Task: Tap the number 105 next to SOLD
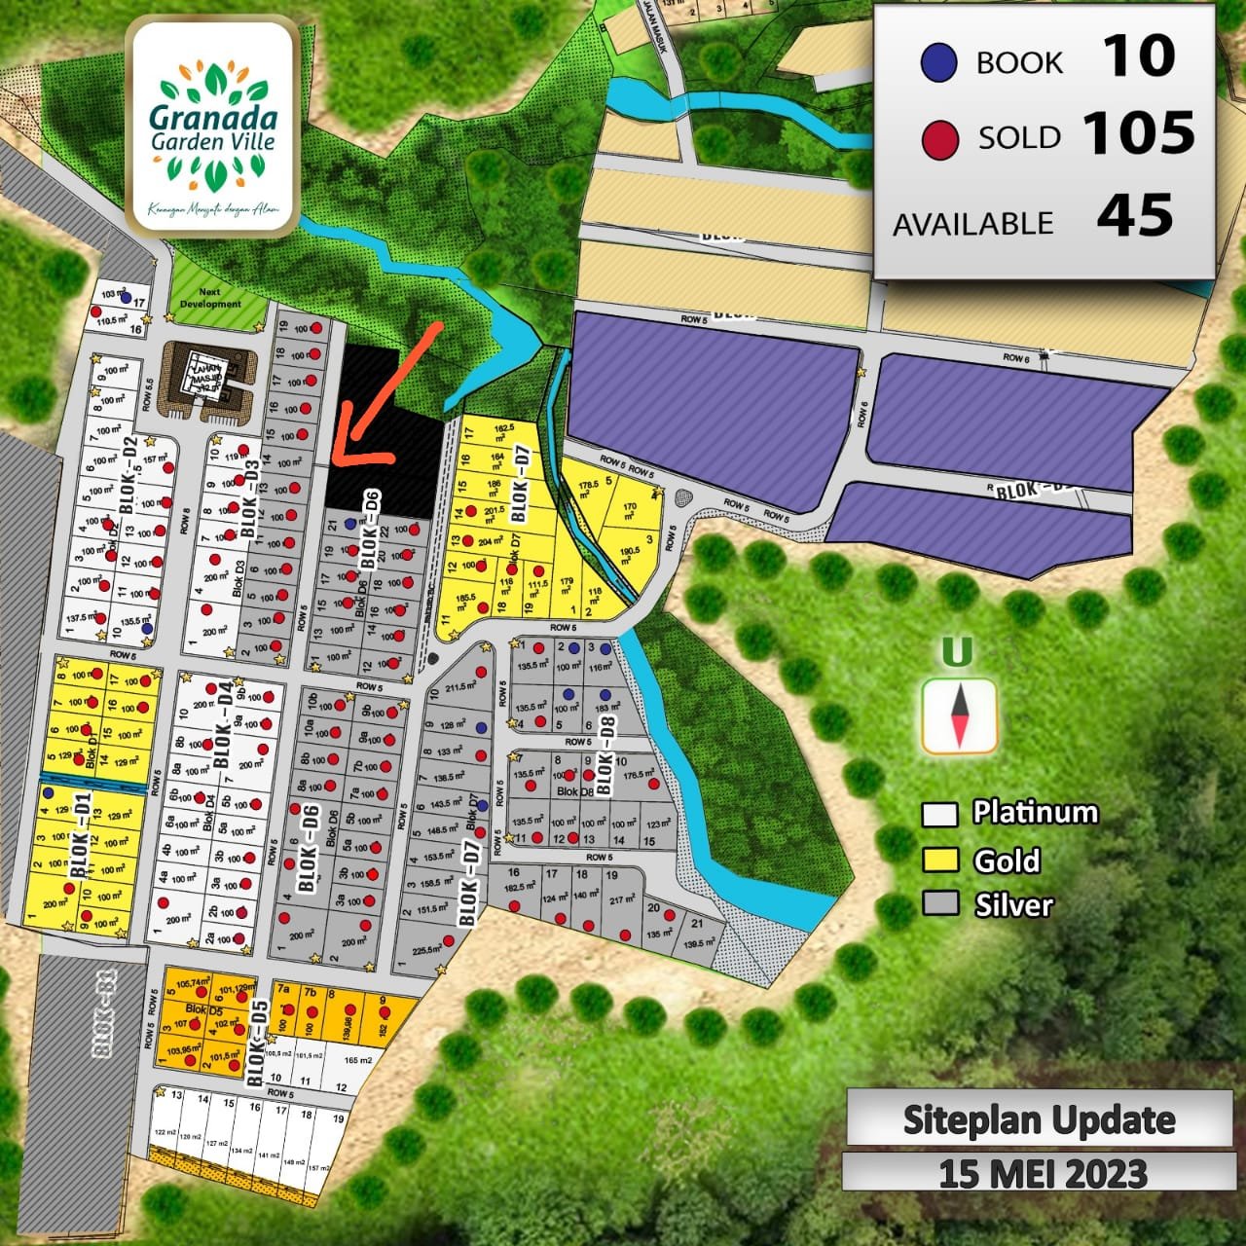click(1138, 134)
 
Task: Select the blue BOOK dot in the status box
click(938, 63)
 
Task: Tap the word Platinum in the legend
click(1035, 813)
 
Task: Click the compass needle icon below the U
click(959, 716)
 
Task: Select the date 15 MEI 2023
click(1043, 1173)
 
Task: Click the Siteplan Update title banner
click(1039, 1119)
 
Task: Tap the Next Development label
click(210, 298)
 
